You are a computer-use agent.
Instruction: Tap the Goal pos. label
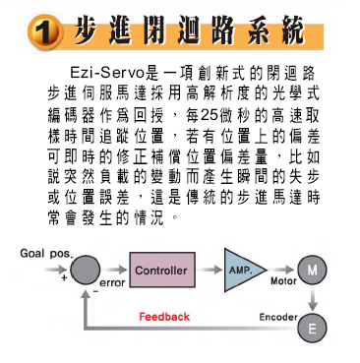[x=46, y=253]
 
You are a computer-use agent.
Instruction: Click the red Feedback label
[x=164, y=317]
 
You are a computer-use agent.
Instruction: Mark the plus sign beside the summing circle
[x=65, y=278]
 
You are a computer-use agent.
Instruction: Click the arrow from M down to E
[x=313, y=297]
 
